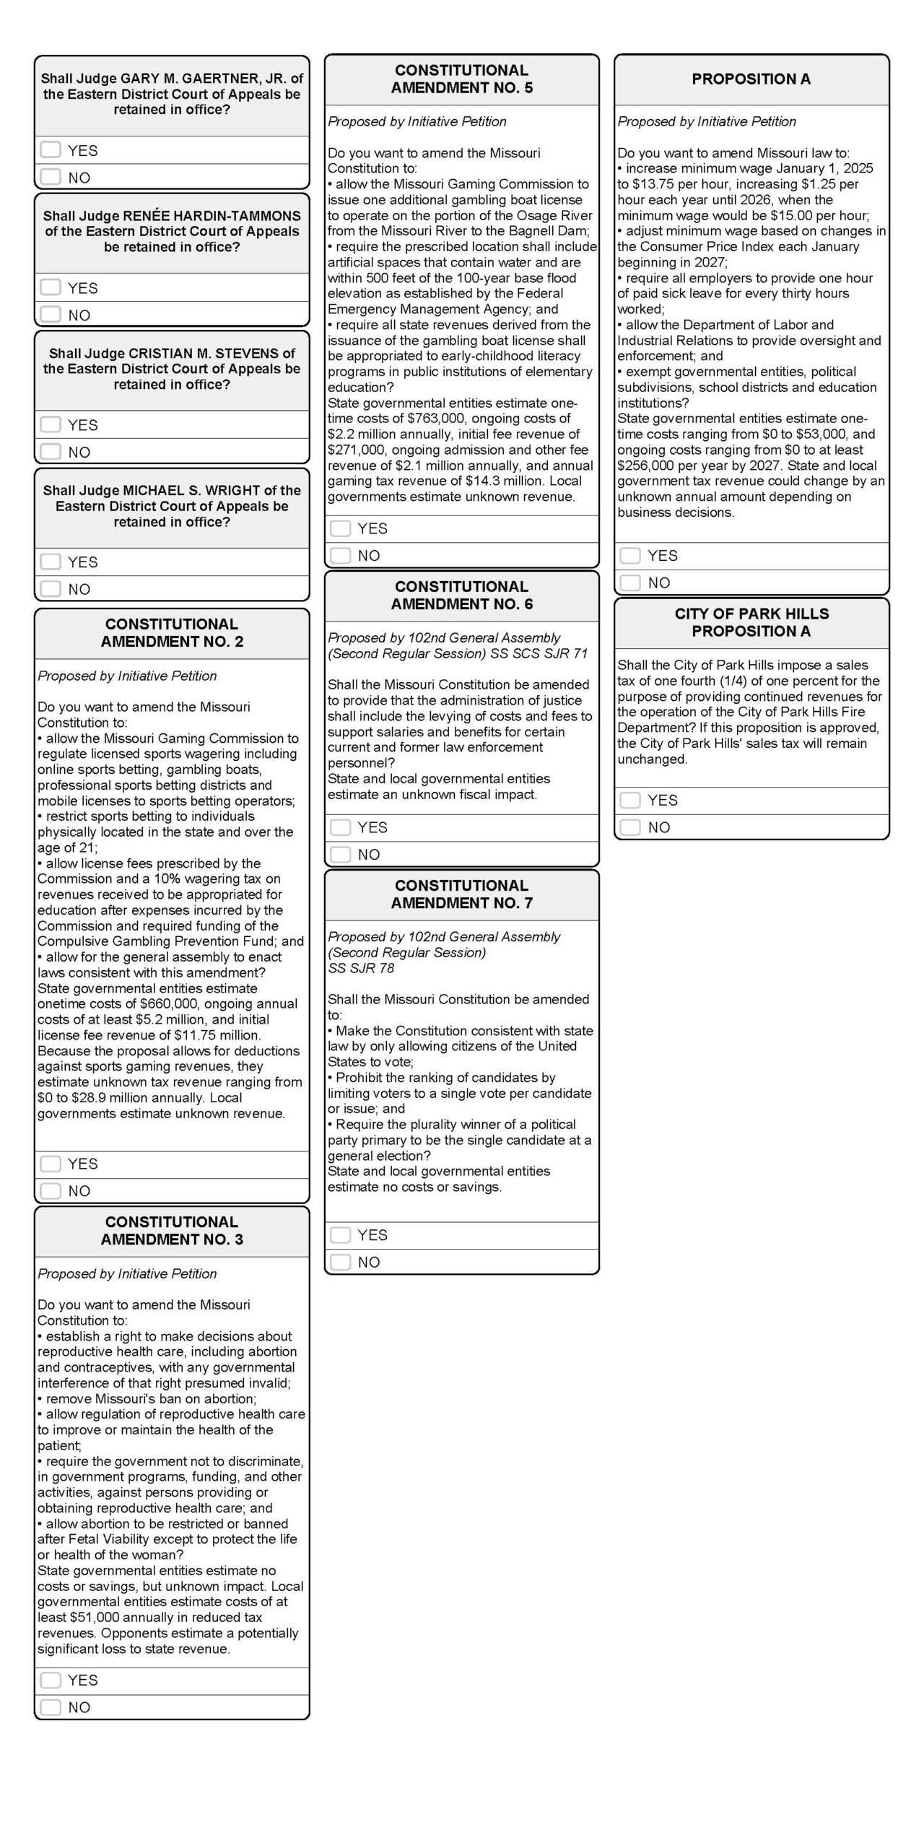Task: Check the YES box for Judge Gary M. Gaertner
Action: [x=51, y=149]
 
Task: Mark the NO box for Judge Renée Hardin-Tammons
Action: [x=51, y=314]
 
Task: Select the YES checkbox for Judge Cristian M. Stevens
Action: [x=51, y=424]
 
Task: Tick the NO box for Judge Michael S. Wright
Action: [x=51, y=588]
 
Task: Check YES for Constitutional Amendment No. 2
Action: [x=51, y=1163]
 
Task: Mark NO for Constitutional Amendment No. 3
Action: [x=51, y=1707]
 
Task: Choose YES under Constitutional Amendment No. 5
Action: [x=340, y=528]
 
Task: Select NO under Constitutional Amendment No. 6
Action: [x=340, y=854]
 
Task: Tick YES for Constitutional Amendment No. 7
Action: [x=340, y=1234]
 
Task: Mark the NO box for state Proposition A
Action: [x=630, y=583]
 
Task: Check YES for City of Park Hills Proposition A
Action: [x=630, y=800]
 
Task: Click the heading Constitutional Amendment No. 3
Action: [x=172, y=1231]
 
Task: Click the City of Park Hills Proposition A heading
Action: [x=751, y=622]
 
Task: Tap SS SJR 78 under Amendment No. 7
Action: [x=361, y=968]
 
